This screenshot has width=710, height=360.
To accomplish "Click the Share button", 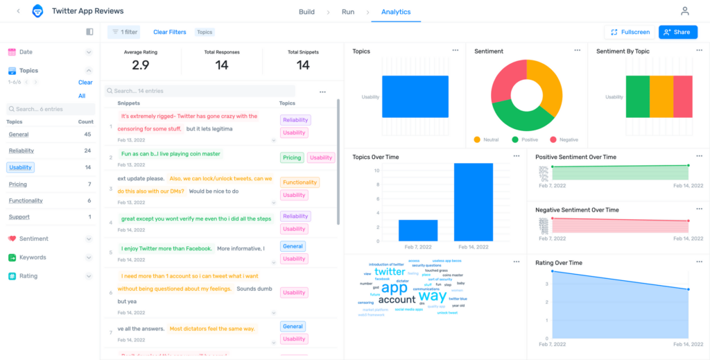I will pos(677,32).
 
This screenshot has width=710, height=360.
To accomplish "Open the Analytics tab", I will pos(396,12).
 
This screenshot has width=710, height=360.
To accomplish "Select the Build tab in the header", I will pos(306,12).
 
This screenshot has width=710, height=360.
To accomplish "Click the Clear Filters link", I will pos(170,32).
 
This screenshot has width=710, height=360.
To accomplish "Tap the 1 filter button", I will pos(124,32).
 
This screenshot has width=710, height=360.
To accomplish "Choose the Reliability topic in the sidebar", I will pos(21,151).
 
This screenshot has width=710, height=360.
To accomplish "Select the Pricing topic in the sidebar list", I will pos(18,185).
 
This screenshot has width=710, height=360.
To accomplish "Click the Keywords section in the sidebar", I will pos(33,257).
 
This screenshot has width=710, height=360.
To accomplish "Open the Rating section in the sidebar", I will pos(28,276).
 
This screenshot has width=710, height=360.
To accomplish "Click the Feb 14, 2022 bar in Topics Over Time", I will pos(473,202).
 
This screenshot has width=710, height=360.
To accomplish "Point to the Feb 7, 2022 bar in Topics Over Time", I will pos(417,230).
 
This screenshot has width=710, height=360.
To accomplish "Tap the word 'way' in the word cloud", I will pos(433,295).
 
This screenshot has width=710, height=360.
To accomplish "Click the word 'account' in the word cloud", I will pos(397,300).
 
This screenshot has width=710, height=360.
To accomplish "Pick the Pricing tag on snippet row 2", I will pos(292,157).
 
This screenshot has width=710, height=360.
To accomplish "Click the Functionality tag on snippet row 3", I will pos(300,182).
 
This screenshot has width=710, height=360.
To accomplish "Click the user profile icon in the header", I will pos(685,11).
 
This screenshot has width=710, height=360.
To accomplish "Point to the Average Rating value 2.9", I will pos(140,65).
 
